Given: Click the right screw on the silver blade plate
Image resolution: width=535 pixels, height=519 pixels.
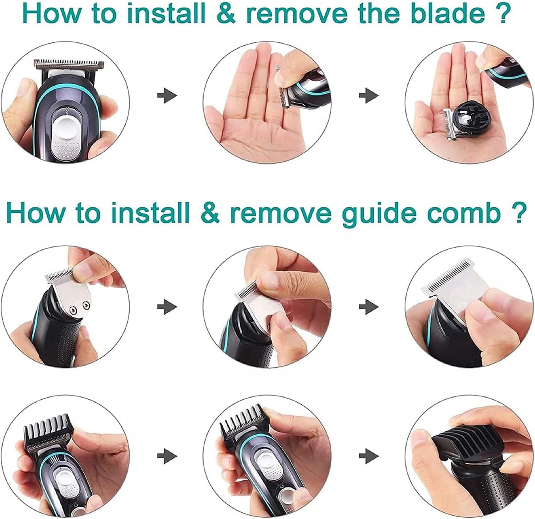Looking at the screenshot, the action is pos(87,304).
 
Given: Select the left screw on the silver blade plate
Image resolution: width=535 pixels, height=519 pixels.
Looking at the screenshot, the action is pos(73,310).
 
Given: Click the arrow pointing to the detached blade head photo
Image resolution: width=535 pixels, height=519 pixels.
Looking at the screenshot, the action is pos(369,95).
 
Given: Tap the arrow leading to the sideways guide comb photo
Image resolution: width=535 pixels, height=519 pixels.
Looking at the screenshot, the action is pos(369,456).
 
